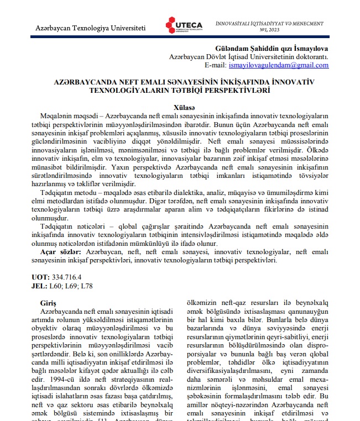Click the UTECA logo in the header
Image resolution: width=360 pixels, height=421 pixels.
pyautogui.click(x=184, y=26)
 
